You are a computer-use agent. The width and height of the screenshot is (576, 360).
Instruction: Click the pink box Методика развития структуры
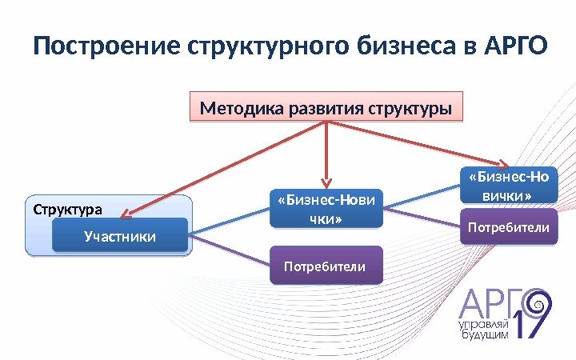[327, 107]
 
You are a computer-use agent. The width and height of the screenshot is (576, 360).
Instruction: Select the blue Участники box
[119, 236]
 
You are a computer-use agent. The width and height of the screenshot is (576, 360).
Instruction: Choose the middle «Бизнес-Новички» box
[327, 207]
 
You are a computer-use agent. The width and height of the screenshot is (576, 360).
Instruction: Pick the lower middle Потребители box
[327, 266]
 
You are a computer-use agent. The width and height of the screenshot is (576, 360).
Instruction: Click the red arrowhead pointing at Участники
[130, 212]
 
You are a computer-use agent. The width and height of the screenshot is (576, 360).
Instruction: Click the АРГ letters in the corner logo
[485, 303]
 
